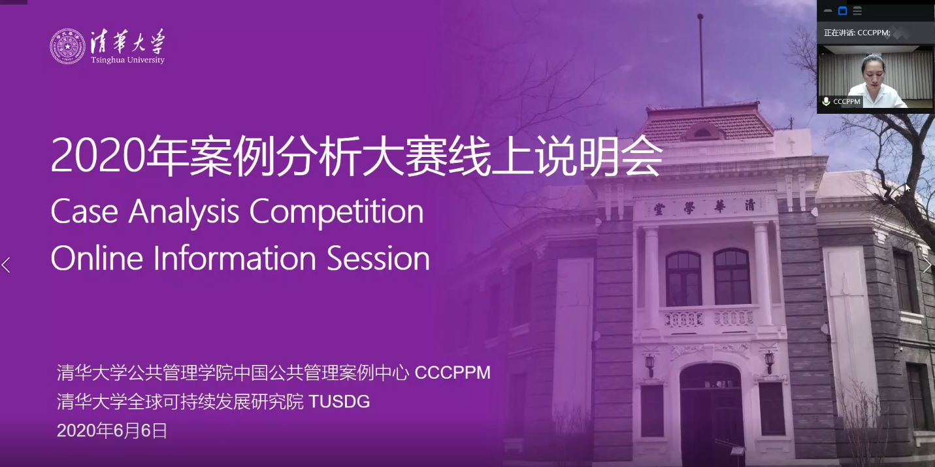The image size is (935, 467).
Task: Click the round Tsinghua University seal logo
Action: pyautogui.click(x=67, y=46)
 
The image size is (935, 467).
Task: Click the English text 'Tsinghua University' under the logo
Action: pyautogui.click(x=127, y=60)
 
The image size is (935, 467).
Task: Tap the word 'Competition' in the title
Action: pyautogui.click(x=336, y=212)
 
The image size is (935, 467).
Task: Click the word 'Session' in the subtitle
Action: pyautogui.click(x=378, y=258)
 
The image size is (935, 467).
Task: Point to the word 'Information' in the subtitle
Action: pyautogui.click(x=235, y=258)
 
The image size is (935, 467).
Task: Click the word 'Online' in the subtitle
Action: pyautogui.click(x=97, y=258)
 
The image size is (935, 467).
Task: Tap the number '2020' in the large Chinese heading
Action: pyautogui.click(x=98, y=156)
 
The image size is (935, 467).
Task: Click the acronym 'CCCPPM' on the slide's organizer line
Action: pyautogui.click(x=453, y=373)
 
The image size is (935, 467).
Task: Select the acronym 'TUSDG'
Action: pyautogui.click(x=339, y=402)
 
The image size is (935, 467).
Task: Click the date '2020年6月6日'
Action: pyautogui.click(x=112, y=430)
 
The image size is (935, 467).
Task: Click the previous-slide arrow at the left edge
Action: pyautogui.click(x=6, y=265)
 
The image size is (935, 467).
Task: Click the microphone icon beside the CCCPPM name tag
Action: pyautogui.click(x=826, y=101)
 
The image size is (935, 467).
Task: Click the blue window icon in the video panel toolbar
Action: pyautogui.click(x=842, y=11)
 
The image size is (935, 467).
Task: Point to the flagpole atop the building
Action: pyautogui.click(x=701, y=61)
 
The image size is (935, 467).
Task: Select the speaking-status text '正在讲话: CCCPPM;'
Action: pyautogui.click(x=857, y=33)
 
